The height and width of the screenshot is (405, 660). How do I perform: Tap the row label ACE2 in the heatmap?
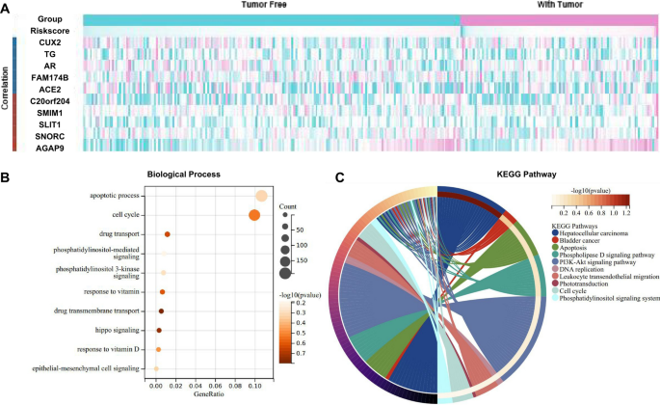click(x=48, y=89)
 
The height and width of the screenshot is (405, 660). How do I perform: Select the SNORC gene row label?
click(x=46, y=135)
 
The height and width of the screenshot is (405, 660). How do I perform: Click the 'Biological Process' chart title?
click(x=182, y=175)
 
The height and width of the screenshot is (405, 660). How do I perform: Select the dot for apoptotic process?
click(x=261, y=196)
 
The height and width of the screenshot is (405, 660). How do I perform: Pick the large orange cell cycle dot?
click(x=254, y=214)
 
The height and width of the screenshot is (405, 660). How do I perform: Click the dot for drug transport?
click(x=168, y=233)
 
